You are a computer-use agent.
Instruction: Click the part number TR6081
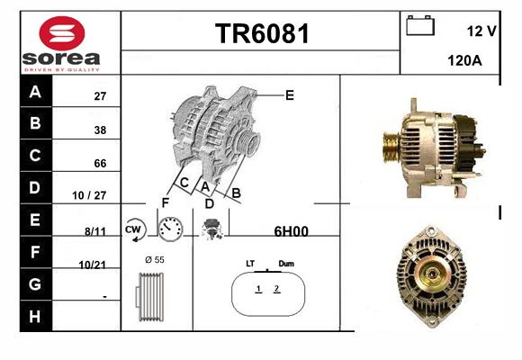[262, 33]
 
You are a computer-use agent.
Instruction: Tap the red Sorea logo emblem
[62, 33]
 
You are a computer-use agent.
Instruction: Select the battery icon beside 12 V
[420, 25]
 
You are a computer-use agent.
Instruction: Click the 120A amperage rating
[464, 60]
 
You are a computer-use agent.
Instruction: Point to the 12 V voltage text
[481, 31]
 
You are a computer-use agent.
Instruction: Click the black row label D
[36, 187]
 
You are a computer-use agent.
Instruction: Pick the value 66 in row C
[100, 163]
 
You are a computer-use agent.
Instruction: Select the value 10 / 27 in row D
[89, 195]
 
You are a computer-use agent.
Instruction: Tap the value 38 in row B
[100, 130]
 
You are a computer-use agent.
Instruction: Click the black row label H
[36, 316]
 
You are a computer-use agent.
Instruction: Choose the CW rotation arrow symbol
[135, 229]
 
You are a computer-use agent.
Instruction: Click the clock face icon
[170, 229]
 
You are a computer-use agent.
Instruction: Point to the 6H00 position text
[291, 231]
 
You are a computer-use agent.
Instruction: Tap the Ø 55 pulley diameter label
[155, 260]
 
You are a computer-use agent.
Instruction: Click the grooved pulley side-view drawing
[149, 297]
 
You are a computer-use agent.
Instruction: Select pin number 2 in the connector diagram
[276, 288]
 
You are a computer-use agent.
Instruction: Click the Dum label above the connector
[286, 264]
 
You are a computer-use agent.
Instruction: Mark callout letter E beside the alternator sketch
[290, 95]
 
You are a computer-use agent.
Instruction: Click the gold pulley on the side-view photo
[391, 147]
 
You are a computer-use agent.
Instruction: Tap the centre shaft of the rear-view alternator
[432, 274]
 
